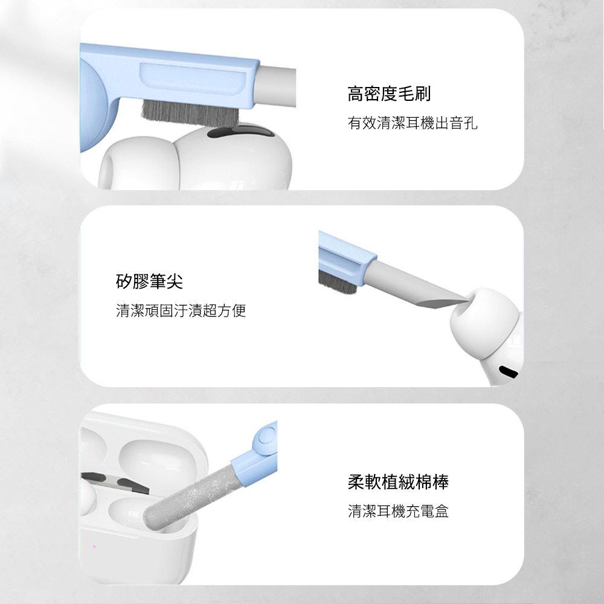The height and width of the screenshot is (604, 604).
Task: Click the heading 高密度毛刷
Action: coord(389,94)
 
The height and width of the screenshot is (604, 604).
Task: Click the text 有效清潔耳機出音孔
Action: coord(413,123)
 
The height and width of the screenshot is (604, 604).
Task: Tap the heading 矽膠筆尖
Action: coord(149,281)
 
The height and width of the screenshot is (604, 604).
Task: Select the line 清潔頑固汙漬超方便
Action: coord(181,310)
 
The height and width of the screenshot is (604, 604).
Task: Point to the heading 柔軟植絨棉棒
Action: coord(398,482)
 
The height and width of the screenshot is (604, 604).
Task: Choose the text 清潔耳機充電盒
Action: coord(398,511)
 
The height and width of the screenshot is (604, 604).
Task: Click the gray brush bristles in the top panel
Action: coord(190,112)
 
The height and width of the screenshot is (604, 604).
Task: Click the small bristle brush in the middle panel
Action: coord(337,282)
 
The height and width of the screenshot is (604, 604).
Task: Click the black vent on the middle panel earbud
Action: coord(509,371)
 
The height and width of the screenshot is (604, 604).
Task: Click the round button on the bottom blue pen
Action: coord(265,437)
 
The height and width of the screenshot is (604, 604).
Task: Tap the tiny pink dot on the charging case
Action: coord(94,546)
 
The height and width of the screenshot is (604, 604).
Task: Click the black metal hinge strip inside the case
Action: coord(115,483)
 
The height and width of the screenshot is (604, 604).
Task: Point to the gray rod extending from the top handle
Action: coord(276,86)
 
